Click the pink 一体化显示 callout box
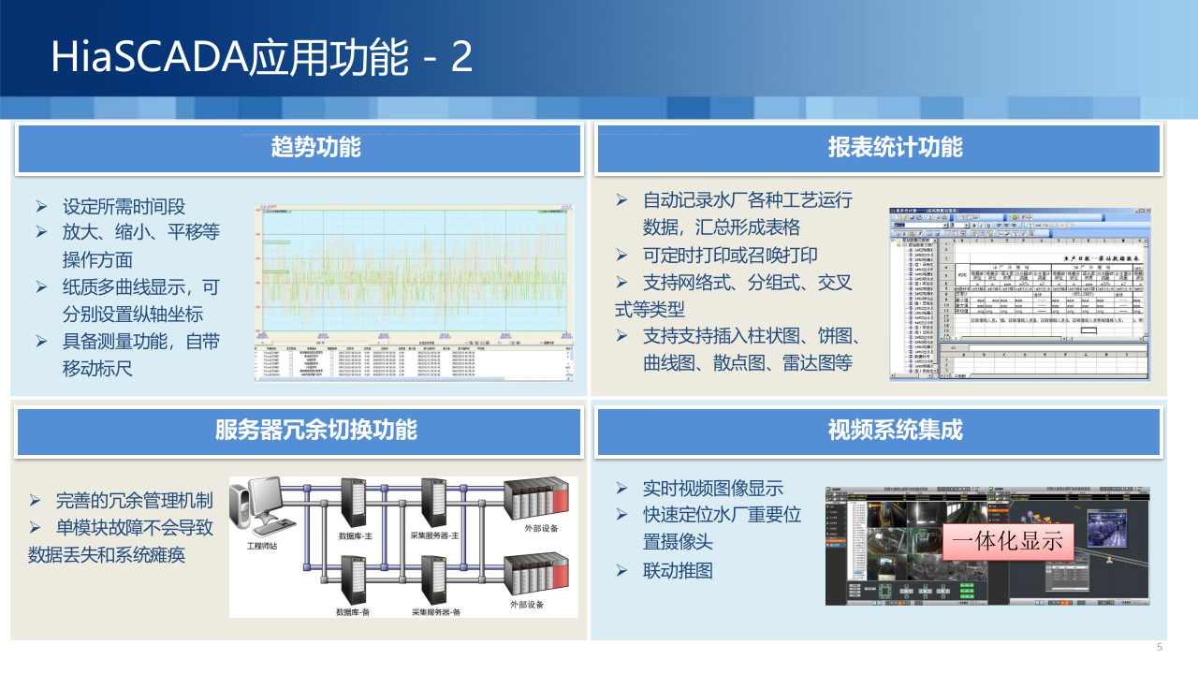[x=1008, y=540]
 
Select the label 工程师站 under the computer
[x=265, y=545]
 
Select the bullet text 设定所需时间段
[x=130, y=207]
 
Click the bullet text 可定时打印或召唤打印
[x=730, y=255]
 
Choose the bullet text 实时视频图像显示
[x=712, y=488]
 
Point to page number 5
[x=1160, y=648]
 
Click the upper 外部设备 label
[x=541, y=529]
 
